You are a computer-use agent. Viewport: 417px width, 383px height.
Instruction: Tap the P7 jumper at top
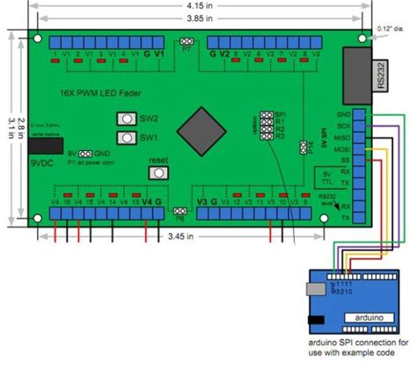(x=187, y=41)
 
